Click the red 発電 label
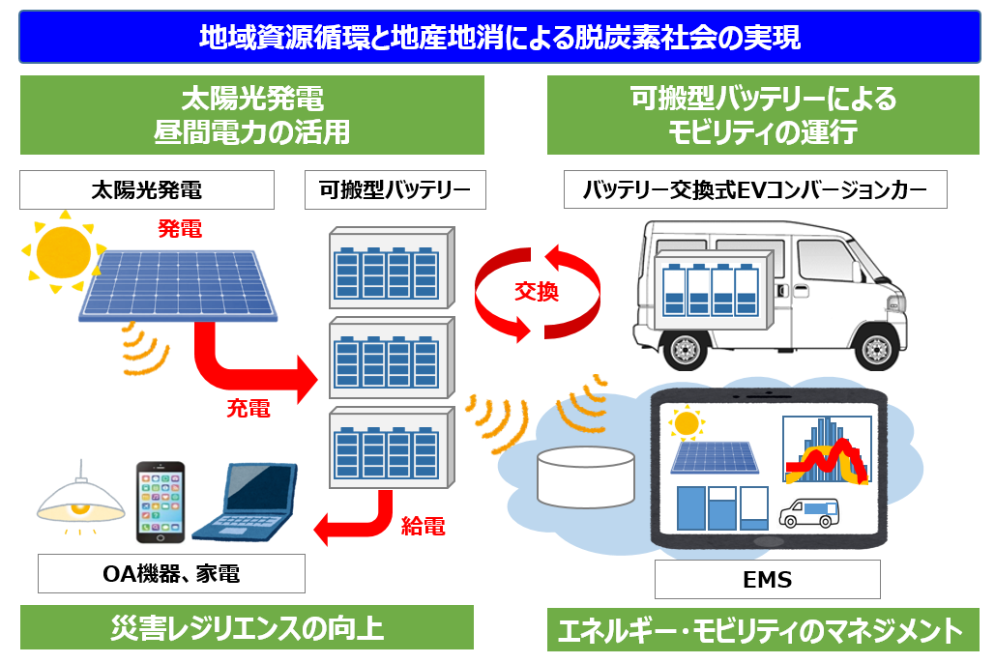[x=179, y=229]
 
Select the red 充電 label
[x=249, y=408]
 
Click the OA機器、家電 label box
[x=171, y=574]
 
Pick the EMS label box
[x=768, y=580]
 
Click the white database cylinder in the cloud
[x=585, y=476]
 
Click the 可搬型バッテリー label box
[x=395, y=190]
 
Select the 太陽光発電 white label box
[x=147, y=190]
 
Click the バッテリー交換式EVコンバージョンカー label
[x=755, y=190]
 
